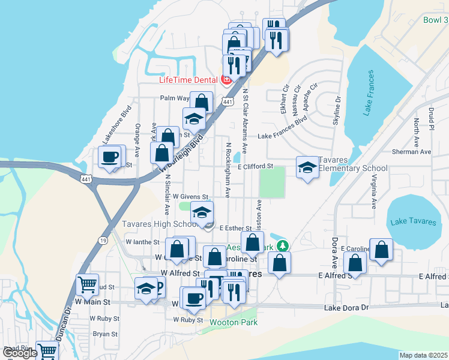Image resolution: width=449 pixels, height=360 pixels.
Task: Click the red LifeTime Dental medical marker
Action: coord(226,80)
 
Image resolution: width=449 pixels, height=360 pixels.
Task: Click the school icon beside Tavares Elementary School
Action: coord(307,167)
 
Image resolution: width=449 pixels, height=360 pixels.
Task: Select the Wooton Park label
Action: coord(234,322)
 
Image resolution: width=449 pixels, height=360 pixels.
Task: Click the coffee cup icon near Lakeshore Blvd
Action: coord(109,157)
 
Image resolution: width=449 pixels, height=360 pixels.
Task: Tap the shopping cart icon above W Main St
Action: coord(88,284)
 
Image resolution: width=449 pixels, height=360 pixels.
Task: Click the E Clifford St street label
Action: coord(255,166)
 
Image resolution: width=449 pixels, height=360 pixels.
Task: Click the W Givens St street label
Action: coord(190,196)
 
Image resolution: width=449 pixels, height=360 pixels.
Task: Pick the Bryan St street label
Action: coord(105,334)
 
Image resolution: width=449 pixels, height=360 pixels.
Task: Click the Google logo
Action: coord(20,353)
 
